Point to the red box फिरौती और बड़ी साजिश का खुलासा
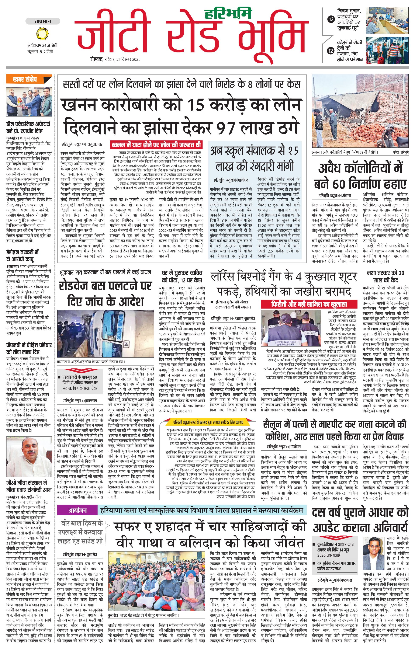coord(309,304)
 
